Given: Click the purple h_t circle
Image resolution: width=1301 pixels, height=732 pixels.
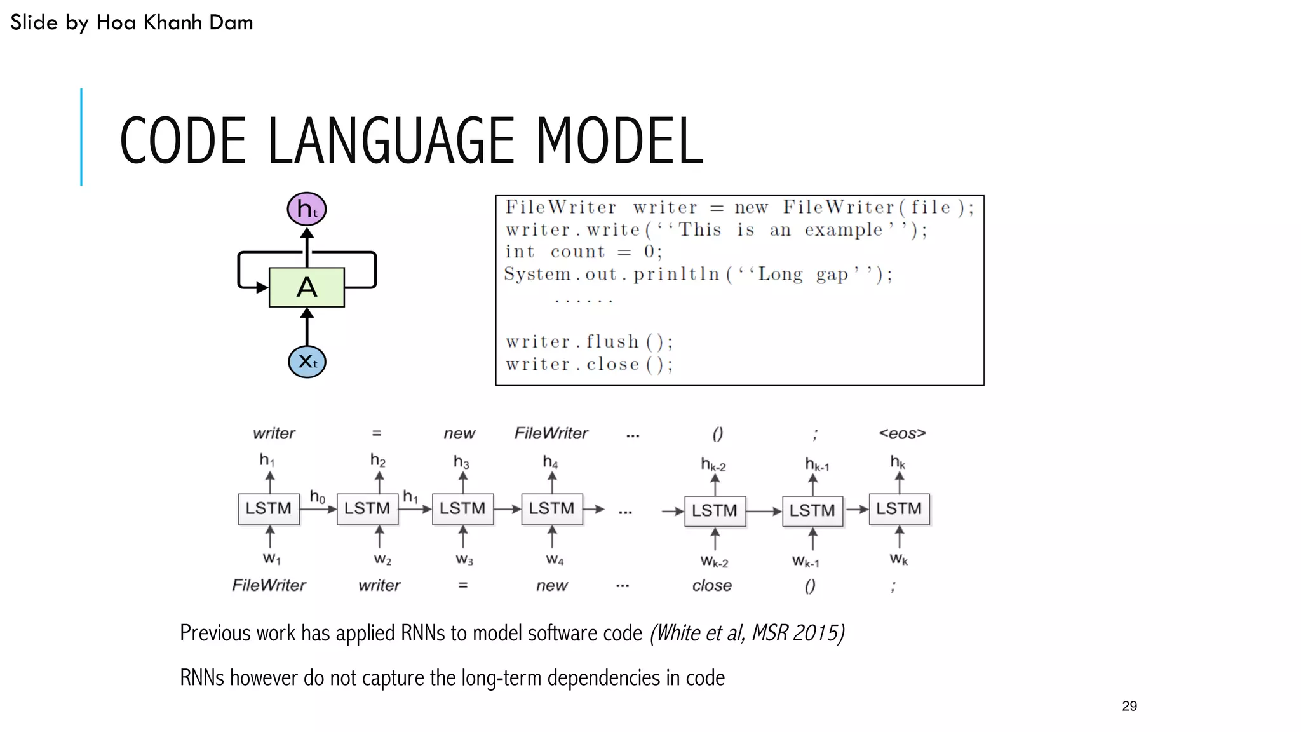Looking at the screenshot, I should (x=307, y=209).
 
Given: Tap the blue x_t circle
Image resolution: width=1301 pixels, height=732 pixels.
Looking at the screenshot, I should (x=307, y=362).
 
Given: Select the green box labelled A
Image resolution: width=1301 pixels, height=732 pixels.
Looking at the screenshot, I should (x=307, y=287).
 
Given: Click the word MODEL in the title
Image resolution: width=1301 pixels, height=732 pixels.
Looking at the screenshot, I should (x=619, y=140).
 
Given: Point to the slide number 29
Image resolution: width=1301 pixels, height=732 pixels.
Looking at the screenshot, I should (x=1129, y=706).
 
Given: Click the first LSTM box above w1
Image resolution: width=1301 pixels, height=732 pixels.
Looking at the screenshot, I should (x=269, y=508).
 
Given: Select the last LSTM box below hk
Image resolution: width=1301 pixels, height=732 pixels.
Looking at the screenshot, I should (x=898, y=508).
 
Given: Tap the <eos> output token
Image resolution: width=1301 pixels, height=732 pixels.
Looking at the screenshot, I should (x=902, y=433).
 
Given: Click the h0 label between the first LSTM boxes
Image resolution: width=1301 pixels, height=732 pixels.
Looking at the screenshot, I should (x=317, y=496).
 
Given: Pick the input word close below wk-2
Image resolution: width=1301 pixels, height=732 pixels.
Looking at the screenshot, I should (x=711, y=585).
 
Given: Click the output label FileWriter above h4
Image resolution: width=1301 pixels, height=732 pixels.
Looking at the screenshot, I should (x=551, y=433).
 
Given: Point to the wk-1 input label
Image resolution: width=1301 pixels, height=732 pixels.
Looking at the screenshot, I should (x=805, y=561).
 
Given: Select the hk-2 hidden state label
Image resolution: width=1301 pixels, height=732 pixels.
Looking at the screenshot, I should (x=713, y=464).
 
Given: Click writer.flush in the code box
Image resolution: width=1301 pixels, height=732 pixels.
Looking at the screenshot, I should (x=572, y=342).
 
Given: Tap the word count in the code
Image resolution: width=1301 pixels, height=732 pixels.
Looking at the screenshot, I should (x=577, y=252).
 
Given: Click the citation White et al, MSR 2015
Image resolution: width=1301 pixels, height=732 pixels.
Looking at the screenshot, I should (x=747, y=633).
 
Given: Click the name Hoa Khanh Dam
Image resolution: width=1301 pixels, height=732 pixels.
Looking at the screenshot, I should (x=174, y=22).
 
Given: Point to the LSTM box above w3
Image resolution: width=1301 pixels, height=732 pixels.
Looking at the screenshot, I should (x=462, y=508).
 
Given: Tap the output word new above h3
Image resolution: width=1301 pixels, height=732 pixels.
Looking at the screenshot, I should (x=459, y=433).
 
